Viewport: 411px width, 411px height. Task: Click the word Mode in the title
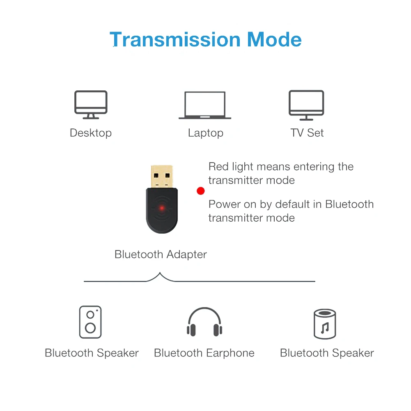(x=274, y=40)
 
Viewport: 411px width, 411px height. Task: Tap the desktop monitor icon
(x=91, y=104)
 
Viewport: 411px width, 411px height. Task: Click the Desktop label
(x=91, y=133)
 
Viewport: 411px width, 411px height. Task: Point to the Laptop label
(x=206, y=133)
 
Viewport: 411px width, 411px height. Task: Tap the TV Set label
(x=307, y=133)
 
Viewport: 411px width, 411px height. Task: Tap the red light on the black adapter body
(x=162, y=208)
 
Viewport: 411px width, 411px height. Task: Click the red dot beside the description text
(x=200, y=191)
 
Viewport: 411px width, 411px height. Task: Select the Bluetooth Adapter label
(x=161, y=255)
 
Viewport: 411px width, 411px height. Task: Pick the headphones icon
(x=204, y=322)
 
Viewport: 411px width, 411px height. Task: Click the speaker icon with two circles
(x=90, y=322)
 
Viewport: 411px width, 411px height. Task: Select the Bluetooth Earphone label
(x=204, y=353)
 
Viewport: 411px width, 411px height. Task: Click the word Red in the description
(x=218, y=167)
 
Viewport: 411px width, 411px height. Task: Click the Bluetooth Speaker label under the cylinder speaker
(x=327, y=353)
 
